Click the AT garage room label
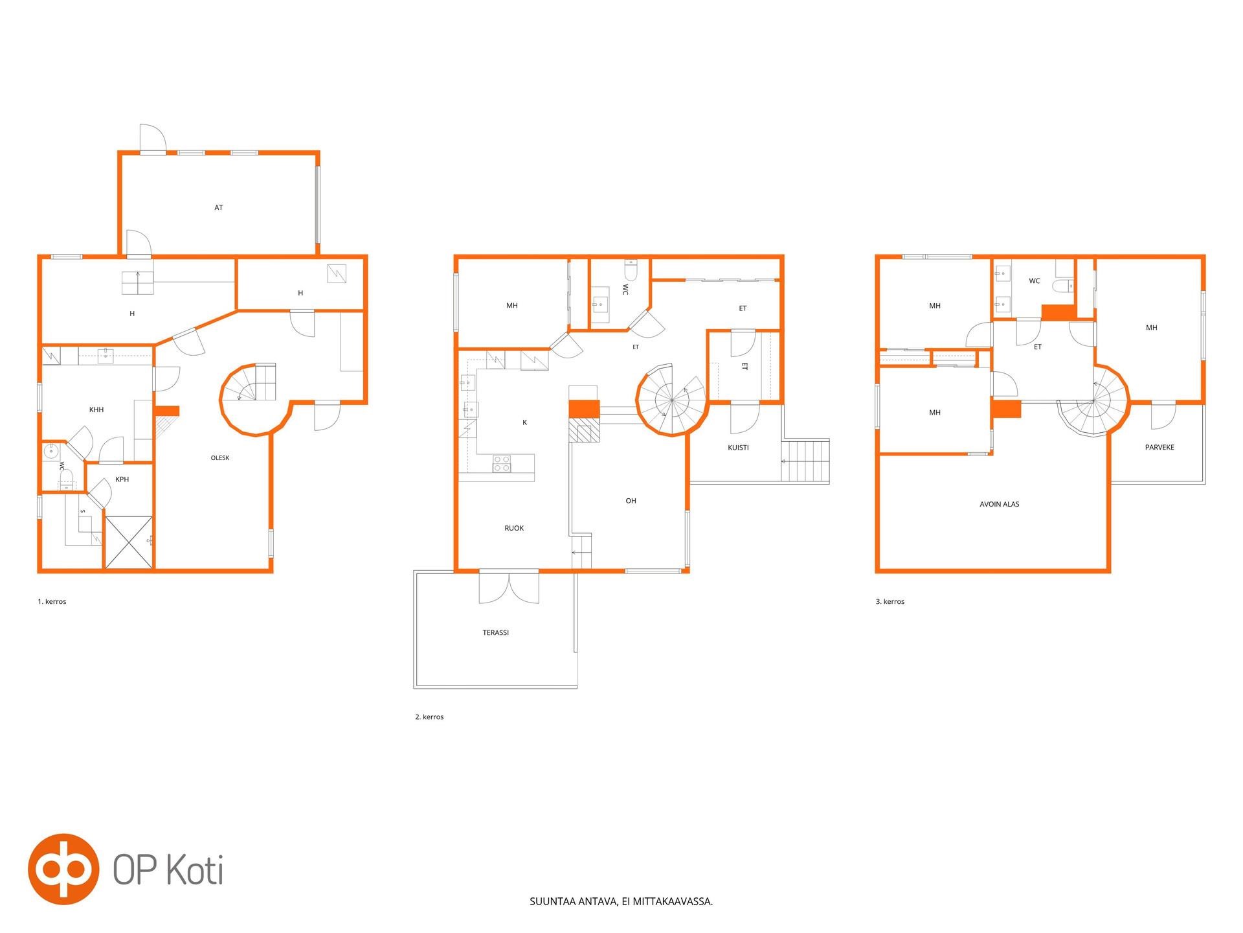pyautogui.click(x=218, y=208)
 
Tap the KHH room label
pyautogui.click(x=96, y=410)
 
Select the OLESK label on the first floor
pyautogui.click(x=220, y=458)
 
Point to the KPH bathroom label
pyautogui.click(x=122, y=479)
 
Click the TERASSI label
pyautogui.click(x=496, y=632)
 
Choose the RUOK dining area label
pyautogui.click(x=514, y=528)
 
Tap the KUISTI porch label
pyautogui.click(x=738, y=448)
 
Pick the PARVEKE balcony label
pyautogui.click(x=1159, y=447)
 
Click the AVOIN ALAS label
pyautogui.click(x=1000, y=504)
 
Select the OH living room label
pyautogui.click(x=631, y=501)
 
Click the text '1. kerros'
pyautogui.click(x=52, y=601)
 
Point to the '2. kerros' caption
pyautogui.click(x=429, y=717)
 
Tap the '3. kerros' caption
pyautogui.click(x=890, y=601)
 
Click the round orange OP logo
pyautogui.click(x=63, y=869)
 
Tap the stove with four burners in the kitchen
pyautogui.click(x=502, y=464)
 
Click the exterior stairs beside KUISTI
pyautogui.click(x=805, y=461)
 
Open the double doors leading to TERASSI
pyautogui.click(x=509, y=588)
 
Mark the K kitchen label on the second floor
pyautogui.click(x=524, y=422)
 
